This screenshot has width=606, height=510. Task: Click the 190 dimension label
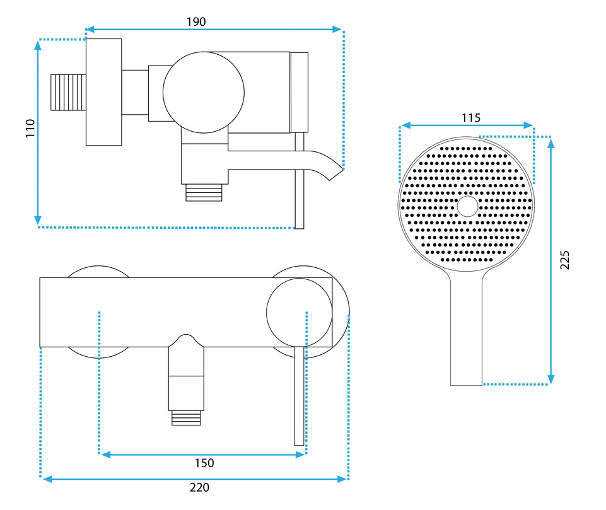pos(196,22)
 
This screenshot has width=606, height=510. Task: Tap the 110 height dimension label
pos(30,128)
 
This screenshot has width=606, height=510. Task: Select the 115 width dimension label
pos(470,118)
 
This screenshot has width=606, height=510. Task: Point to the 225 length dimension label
pos(565,260)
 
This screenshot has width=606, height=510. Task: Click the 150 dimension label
pos(204,463)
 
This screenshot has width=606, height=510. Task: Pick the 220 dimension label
pos(199,487)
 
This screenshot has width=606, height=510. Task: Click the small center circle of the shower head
pos(468,206)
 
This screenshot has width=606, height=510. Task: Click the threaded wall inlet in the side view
pos(68,92)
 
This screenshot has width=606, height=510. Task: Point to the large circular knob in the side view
pos(204,92)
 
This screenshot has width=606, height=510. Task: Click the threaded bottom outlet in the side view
pos(204,192)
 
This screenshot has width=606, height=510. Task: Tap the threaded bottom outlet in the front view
pos(186,418)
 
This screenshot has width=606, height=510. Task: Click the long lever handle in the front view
pos(299,396)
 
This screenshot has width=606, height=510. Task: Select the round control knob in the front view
pos(299,313)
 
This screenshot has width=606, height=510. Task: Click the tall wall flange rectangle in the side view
pos(104,92)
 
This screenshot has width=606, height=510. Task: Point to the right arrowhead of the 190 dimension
pos(337,29)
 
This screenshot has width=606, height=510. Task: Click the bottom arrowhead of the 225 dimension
pos(551,380)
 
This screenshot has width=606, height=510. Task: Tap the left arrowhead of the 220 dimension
pos(47,479)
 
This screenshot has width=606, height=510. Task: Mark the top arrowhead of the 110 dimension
pos(37,45)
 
